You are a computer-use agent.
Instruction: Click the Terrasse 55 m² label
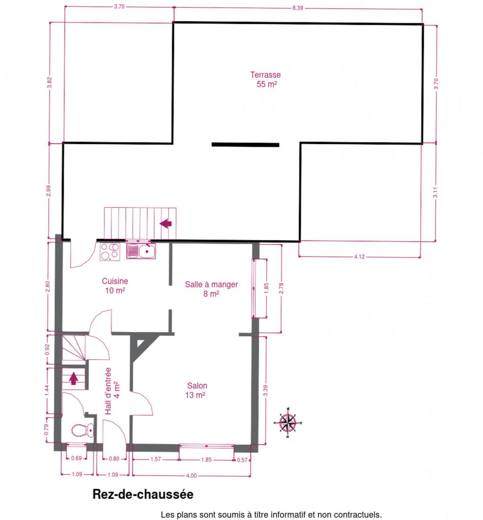click(265, 79)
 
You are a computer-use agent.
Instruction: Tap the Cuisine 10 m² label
click(115, 286)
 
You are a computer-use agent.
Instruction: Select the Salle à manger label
click(211, 284)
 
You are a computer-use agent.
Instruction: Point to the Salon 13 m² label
click(197, 390)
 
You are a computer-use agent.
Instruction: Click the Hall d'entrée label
click(108, 391)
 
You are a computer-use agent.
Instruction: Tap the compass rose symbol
click(288, 422)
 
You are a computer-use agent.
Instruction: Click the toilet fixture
click(82, 430)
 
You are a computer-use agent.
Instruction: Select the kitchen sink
click(141, 251)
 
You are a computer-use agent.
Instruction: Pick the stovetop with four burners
click(110, 251)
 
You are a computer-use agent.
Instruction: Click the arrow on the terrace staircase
click(165, 224)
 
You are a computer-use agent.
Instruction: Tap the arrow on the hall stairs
click(73, 379)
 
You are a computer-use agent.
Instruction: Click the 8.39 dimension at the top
click(298, 8)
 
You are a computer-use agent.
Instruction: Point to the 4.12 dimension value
click(359, 257)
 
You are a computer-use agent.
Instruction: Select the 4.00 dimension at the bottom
click(191, 476)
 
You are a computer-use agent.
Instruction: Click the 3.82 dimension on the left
click(49, 82)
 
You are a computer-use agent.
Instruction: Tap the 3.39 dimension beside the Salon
click(266, 391)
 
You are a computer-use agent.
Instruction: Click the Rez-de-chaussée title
click(143, 494)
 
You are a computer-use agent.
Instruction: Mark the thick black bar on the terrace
click(245, 145)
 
